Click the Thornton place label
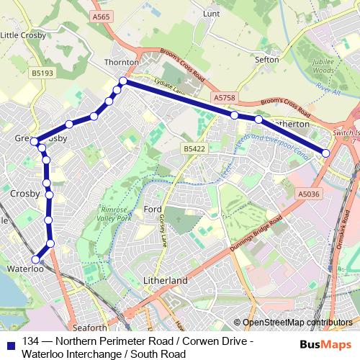pyautogui.click(x=120, y=63)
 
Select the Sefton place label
pyautogui.click(x=267, y=60)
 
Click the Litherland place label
pyautogui.click(x=165, y=280)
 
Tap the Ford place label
pyautogui.click(x=153, y=210)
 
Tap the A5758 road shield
pyautogui.click(x=224, y=96)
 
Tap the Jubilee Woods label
pyautogui.click(x=325, y=67)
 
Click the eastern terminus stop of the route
pyautogui.click(x=326, y=153)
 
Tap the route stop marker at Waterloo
pyautogui.click(x=35, y=259)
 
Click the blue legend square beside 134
pyautogui.click(x=11, y=342)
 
